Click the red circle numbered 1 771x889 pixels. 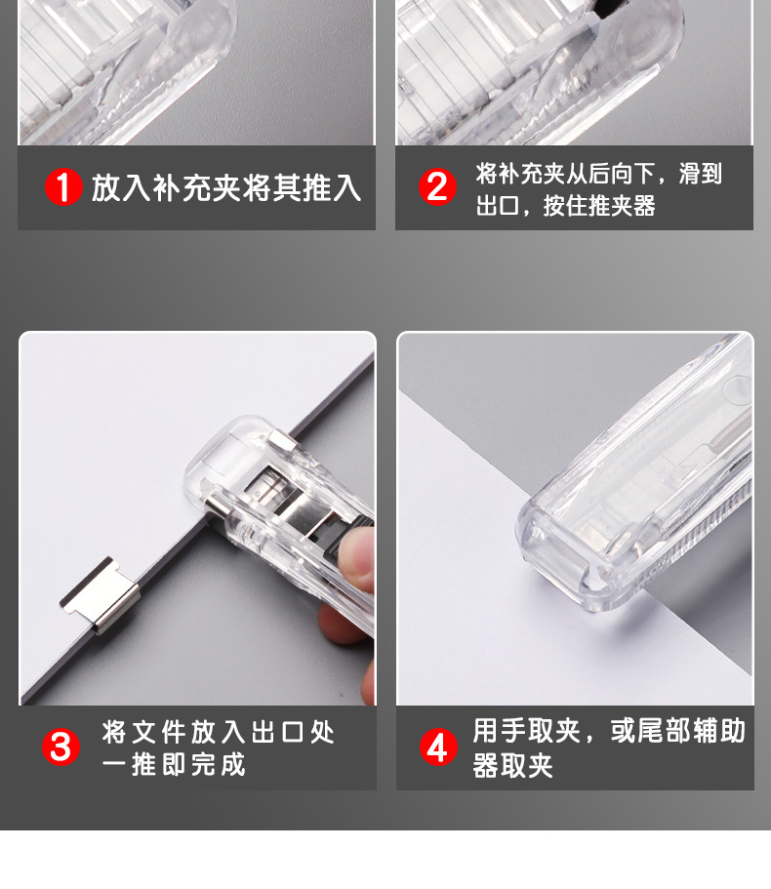(63, 186)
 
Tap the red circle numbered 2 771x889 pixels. (437, 186)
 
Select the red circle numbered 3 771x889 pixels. (61, 747)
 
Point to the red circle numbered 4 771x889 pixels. (437, 747)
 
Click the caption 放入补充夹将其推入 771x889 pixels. (226, 187)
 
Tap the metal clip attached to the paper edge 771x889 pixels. (100, 593)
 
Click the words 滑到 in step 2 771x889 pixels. (700, 174)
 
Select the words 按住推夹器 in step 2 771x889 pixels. (599, 206)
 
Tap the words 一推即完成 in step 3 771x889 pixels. (174, 764)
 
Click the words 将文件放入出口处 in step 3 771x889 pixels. (219, 732)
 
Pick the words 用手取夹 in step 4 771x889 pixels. (527, 730)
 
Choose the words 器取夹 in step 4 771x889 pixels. (512, 765)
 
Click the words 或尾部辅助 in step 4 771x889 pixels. (678, 730)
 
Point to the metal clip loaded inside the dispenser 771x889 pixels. (283, 499)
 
